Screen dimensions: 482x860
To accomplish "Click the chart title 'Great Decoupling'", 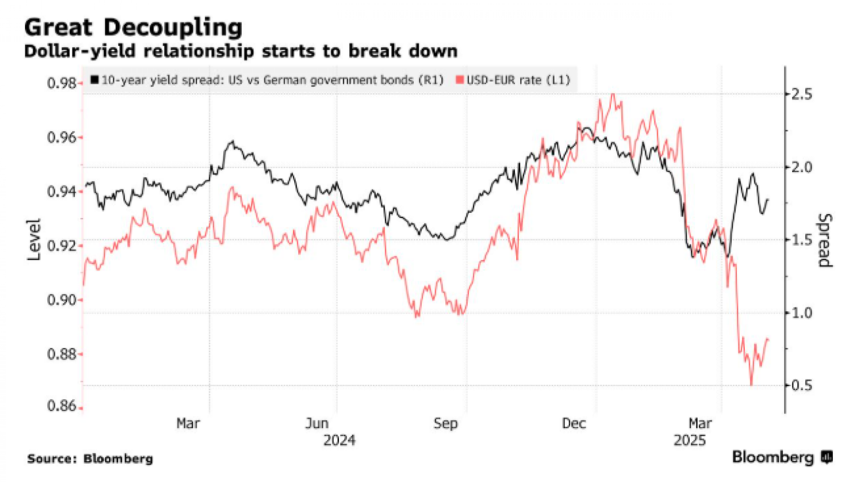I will tap(133, 28).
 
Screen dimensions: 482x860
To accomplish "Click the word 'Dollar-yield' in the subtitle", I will tap(80, 51).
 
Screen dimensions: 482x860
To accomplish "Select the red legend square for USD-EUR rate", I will tap(460, 80).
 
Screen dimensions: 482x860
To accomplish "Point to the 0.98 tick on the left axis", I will tap(62, 83).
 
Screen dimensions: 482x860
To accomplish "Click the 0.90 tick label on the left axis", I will tap(62, 300).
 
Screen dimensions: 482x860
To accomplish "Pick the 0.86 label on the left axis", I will tap(62, 406).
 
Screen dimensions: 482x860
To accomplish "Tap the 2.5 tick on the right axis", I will tap(801, 94).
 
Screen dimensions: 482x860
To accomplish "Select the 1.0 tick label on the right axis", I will tap(801, 313).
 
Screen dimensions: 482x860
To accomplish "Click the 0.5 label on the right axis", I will tap(801, 385).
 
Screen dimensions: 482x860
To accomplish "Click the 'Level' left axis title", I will tap(34, 239).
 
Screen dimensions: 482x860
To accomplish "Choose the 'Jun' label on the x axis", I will tap(317, 424).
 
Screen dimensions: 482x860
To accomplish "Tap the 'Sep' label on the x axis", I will tap(446, 424).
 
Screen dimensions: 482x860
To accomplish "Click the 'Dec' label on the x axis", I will tap(574, 424).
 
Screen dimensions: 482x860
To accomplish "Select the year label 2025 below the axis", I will tap(690, 441).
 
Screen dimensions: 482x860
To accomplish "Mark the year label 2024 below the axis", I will tap(339, 441).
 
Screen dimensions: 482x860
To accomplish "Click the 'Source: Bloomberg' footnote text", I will tap(90, 459).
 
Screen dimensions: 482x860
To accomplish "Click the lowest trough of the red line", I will tap(752, 384).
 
